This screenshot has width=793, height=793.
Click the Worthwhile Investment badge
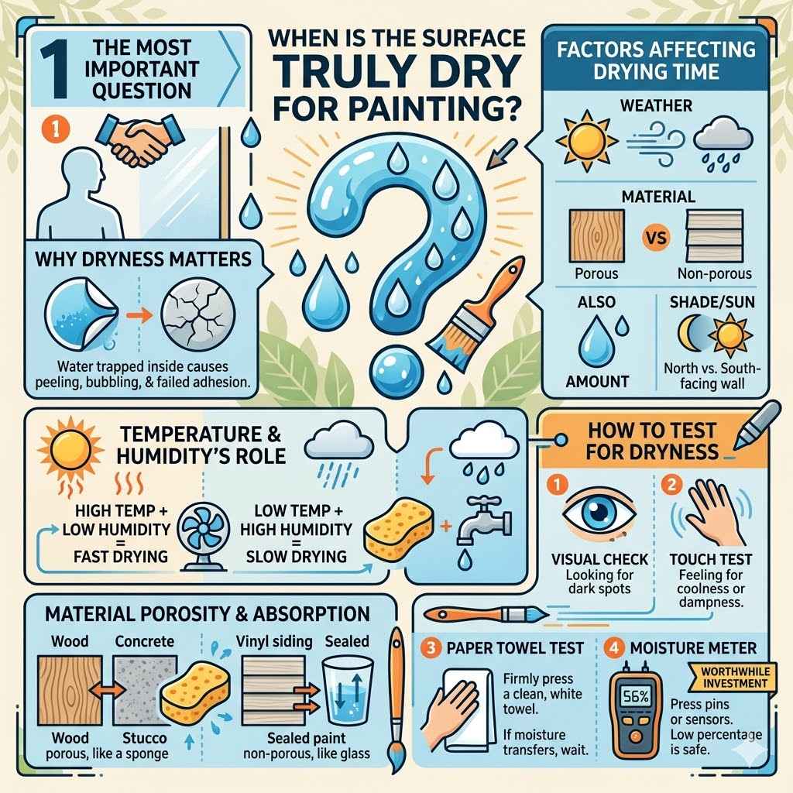(732, 678)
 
